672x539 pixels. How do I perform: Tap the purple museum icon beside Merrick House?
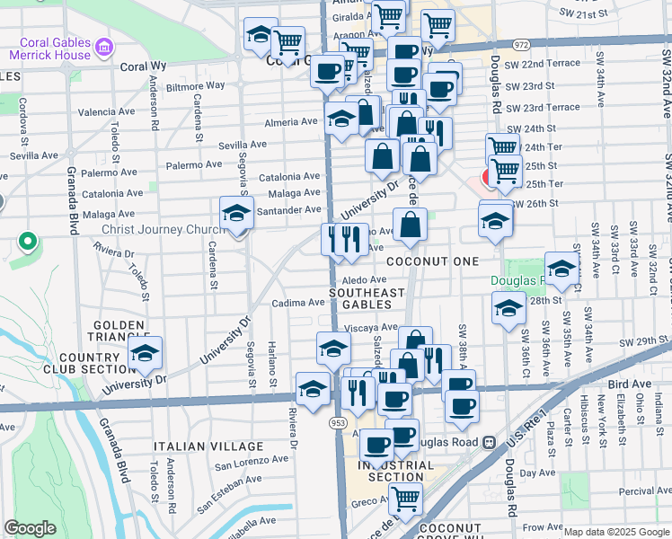(x=104, y=46)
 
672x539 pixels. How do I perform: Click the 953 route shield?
(x=338, y=422)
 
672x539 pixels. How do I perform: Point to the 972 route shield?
(x=521, y=43)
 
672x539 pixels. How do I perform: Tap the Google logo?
(x=30, y=528)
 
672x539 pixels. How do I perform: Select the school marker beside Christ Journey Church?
(x=236, y=214)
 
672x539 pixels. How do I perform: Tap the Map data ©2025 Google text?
(x=615, y=532)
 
